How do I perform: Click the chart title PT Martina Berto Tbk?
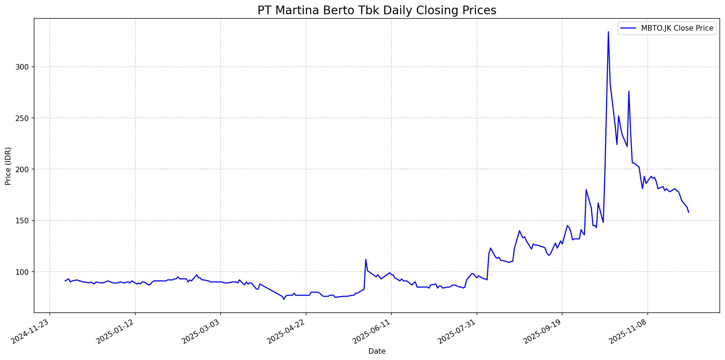377,10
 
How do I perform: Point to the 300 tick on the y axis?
24,67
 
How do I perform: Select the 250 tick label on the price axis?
24,118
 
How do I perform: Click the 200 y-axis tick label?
24,169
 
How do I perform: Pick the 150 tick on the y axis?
24,221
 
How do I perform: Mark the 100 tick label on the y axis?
24,272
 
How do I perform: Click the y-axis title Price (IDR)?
8,166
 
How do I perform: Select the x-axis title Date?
377,351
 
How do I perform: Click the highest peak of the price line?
608,32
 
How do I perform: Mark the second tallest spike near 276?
629,91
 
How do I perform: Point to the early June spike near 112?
366,259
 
